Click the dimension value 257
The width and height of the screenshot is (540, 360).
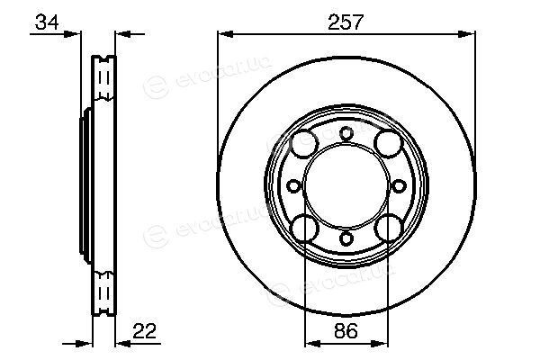346,22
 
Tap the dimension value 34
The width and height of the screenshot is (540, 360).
47,22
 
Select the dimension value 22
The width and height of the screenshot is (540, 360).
145,331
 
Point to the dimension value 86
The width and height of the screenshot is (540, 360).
346,331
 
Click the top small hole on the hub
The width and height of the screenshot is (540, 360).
346,133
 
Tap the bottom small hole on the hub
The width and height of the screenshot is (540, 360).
346,238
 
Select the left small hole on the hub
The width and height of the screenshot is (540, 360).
293,186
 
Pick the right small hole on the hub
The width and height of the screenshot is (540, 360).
399,186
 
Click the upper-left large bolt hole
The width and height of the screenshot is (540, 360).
304,144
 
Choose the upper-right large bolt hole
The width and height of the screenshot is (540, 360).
389,144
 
